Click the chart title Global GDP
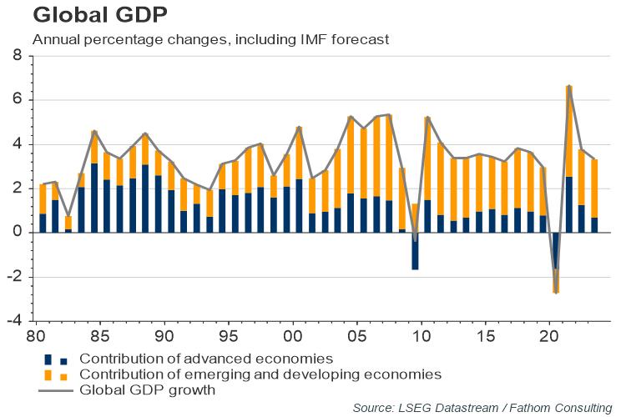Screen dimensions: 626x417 pos(100,15)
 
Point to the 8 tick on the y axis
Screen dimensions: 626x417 pos(18,55)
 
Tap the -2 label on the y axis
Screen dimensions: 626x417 pos(15,277)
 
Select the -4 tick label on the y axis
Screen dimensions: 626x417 pos(15,320)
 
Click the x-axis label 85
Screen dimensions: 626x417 pos(99,336)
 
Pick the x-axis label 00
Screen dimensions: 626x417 pos(293,336)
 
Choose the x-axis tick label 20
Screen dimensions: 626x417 pos(549,336)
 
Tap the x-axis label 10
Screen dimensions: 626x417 pos(422,336)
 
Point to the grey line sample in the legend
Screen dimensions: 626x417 pos(56,390)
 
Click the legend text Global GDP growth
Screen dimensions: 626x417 pos(147,389)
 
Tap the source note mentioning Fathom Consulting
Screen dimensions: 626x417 pos(482,408)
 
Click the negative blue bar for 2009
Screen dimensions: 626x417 pos(415,251)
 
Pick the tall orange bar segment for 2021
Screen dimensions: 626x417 pos(569,131)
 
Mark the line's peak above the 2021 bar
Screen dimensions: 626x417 pos(569,86)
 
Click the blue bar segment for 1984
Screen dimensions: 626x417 pos(94,198)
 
